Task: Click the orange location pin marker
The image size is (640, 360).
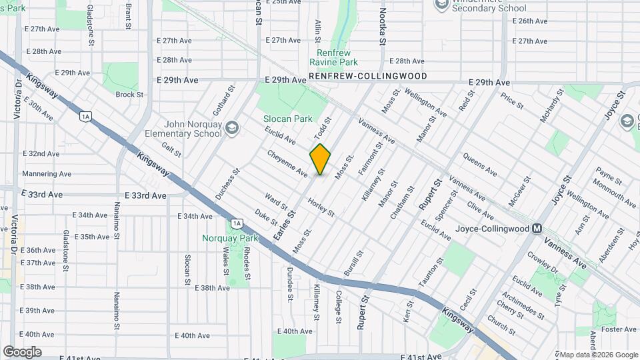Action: tap(321, 159)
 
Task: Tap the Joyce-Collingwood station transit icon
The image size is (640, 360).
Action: tap(536, 229)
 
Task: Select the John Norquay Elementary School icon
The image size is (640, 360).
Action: tap(231, 128)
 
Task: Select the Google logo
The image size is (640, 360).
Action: tap(23, 351)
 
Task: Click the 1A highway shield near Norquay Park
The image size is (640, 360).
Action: tap(236, 223)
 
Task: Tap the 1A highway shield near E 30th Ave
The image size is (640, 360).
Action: tap(84, 117)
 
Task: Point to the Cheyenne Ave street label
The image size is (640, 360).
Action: tap(287, 163)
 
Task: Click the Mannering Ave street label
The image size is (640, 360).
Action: tap(47, 174)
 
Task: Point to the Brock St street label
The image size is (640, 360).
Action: tap(129, 95)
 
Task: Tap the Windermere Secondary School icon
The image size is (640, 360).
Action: tap(441, 5)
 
